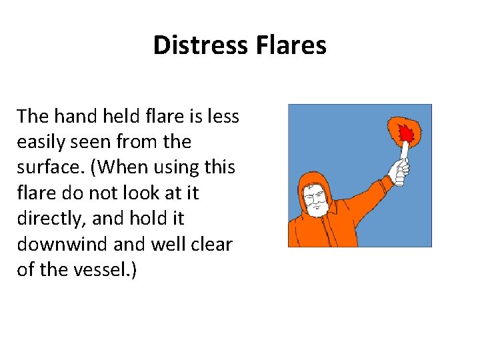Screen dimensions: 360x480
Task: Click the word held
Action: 121,117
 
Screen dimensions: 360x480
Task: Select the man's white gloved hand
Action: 400,171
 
